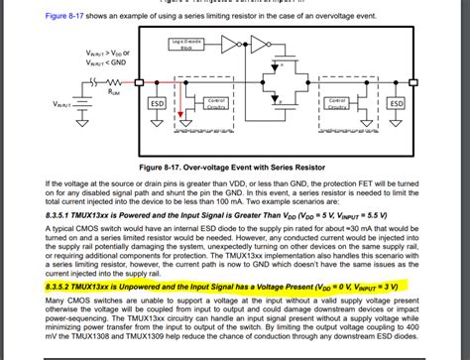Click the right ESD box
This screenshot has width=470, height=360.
[396, 102]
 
